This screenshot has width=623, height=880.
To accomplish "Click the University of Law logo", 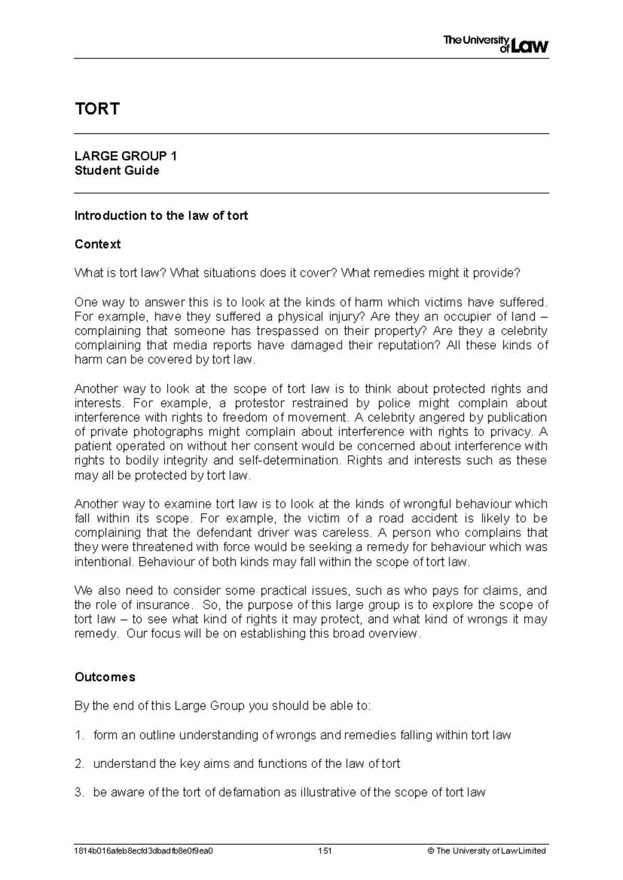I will pyautogui.click(x=495, y=45).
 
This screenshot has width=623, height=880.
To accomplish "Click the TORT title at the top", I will pyautogui.click(x=97, y=109).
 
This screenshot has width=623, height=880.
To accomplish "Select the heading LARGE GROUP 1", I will pyautogui.click(x=126, y=156).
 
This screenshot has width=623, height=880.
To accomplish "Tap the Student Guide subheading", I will pyautogui.click(x=117, y=171).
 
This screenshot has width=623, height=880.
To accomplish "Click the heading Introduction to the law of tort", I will pyautogui.click(x=161, y=216).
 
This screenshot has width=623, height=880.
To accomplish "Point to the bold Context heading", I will pyautogui.click(x=98, y=244).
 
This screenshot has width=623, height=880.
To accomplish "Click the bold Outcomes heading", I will pyautogui.click(x=105, y=677).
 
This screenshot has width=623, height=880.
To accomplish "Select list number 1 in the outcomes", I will pyautogui.click(x=79, y=735).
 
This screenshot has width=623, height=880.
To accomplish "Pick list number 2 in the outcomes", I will pyautogui.click(x=79, y=764).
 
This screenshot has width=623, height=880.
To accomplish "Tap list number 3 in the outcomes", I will pyautogui.click(x=79, y=792).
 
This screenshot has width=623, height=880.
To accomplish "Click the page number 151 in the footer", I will pyautogui.click(x=324, y=851).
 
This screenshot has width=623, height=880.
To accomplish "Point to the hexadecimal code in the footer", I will pyautogui.click(x=144, y=851).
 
